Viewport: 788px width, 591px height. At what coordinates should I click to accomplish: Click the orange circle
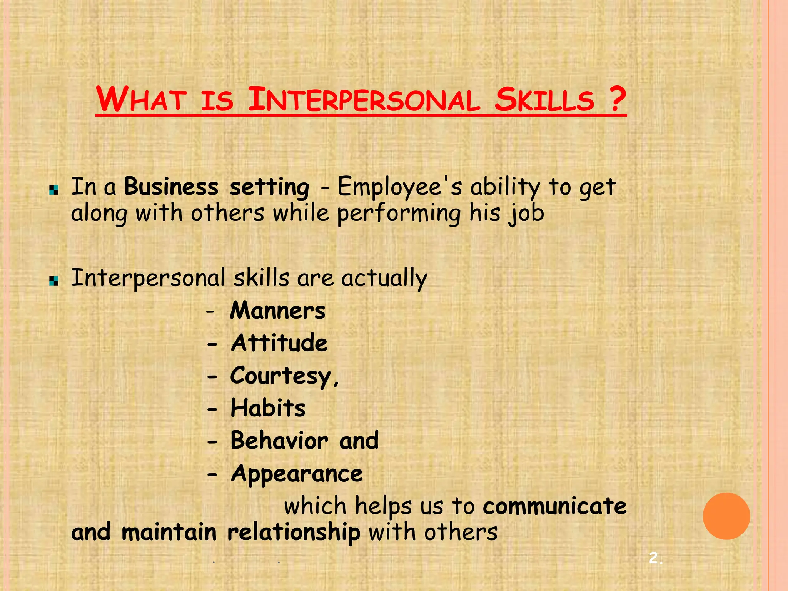pyautogui.click(x=726, y=516)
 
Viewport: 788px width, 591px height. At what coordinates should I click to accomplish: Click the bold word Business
pyautogui.click(x=171, y=187)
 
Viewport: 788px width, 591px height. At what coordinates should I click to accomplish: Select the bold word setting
pyautogui.click(x=269, y=188)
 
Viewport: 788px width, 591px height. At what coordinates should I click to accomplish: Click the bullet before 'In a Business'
pyautogui.click(x=54, y=190)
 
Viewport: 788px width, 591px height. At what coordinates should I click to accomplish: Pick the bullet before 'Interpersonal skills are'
pyautogui.click(x=54, y=281)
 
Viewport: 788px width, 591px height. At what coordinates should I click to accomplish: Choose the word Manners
pyautogui.click(x=277, y=311)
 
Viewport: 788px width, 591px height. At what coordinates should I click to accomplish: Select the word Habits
pyautogui.click(x=268, y=408)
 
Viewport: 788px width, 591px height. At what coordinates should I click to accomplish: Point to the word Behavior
pyautogui.click(x=279, y=441)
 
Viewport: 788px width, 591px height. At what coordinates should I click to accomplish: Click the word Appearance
pyautogui.click(x=297, y=474)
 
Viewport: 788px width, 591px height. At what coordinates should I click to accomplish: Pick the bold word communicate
pyautogui.click(x=554, y=506)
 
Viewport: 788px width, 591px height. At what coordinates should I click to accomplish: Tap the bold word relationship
pyautogui.click(x=294, y=533)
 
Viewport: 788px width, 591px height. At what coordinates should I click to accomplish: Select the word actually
pyautogui.click(x=384, y=279)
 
